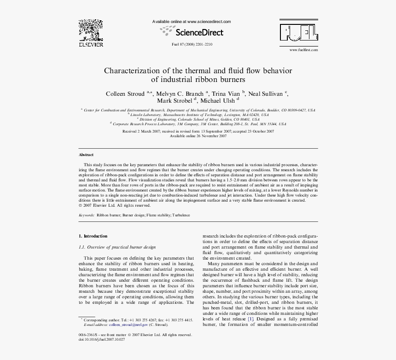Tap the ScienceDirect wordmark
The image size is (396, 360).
(x=199, y=32)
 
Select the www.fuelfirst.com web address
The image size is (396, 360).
(x=302, y=50)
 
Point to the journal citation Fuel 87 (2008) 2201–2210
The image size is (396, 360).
(x=192, y=44)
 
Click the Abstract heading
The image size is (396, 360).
(x=86, y=155)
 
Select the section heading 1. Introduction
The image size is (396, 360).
(x=93, y=236)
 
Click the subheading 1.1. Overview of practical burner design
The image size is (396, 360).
(x=117, y=247)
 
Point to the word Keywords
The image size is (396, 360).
(x=87, y=215)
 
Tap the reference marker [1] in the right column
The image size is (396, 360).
(x=250, y=319)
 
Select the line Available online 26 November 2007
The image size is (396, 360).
(x=198, y=136)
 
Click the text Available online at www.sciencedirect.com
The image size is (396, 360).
(x=192, y=22)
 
